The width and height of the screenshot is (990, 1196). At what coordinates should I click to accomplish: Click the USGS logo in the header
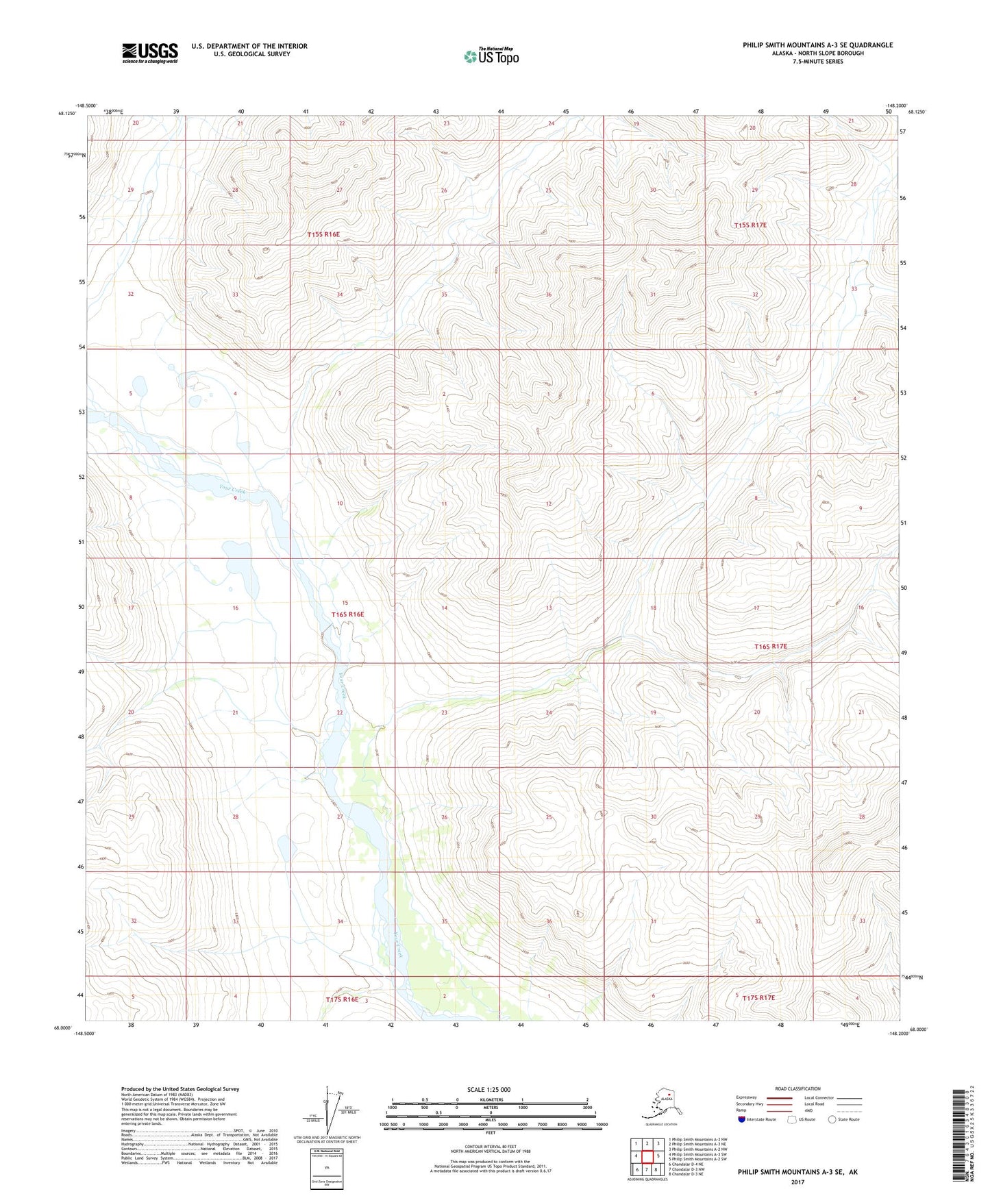tap(149, 53)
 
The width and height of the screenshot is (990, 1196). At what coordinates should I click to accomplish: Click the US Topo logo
tap(491, 56)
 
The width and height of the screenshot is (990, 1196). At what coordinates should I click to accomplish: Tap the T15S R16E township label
tap(323, 234)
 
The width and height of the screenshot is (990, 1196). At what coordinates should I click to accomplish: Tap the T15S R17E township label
tap(750, 225)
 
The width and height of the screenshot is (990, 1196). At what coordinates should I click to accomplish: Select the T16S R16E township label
tap(347, 614)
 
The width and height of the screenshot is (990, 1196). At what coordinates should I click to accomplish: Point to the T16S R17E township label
tap(771, 646)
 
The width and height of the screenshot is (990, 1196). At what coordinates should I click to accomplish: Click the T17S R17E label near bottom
tap(758, 998)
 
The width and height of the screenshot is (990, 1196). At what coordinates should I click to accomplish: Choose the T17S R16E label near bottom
tap(342, 999)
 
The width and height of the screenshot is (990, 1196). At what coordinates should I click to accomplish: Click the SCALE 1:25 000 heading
tap(488, 1089)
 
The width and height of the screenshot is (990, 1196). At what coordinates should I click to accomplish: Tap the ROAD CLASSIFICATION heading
tap(797, 1088)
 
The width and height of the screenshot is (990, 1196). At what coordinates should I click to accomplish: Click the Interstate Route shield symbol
tap(741, 1119)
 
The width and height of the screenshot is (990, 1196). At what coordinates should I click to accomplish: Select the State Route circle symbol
tap(832, 1119)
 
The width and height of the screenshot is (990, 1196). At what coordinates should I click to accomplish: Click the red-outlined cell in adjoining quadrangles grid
tap(647, 1156)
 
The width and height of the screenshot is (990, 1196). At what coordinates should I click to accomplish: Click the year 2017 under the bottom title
tap(797, 1182)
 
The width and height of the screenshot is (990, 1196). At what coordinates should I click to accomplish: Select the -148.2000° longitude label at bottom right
tap(898, 1033)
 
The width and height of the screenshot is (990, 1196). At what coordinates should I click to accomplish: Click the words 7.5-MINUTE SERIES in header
tap(817, 62)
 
